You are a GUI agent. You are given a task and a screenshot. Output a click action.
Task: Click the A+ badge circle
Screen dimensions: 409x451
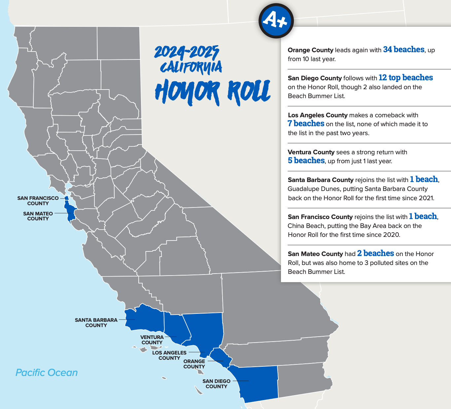pos(276,21)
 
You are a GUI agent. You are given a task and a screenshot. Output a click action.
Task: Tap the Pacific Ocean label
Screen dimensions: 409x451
pos(47,373)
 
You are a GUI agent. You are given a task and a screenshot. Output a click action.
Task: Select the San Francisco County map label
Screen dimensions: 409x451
pos(38,201)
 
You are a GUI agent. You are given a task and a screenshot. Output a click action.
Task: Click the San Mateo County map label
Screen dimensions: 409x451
pos(38,216)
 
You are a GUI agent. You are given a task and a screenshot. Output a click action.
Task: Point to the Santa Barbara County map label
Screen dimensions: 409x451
pos(96,322)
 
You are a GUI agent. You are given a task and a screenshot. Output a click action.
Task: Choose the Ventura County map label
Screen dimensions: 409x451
pos(152,340)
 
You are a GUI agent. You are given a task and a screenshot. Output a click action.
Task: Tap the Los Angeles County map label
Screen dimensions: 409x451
pos(169,355)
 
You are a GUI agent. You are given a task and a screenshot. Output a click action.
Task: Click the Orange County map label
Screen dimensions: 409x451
pos(194,364)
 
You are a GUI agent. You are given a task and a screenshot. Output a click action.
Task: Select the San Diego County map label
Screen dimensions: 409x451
pos(217,384)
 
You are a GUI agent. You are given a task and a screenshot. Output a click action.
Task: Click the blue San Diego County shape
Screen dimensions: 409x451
pos(258,383)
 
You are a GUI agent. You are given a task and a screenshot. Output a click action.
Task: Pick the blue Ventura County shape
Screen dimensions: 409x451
pos(175,327)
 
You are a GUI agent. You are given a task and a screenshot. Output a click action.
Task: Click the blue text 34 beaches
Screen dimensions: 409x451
pos(403,50)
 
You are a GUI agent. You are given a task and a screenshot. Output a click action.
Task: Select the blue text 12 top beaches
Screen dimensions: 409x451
pos(405,78)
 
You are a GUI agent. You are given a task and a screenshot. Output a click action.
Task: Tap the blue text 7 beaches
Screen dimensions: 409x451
pos(306,124)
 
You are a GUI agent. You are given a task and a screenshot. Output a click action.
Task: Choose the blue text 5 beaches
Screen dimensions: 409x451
pos(306,161)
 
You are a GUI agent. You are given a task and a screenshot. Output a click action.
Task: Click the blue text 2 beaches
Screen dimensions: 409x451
pos(375,253)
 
